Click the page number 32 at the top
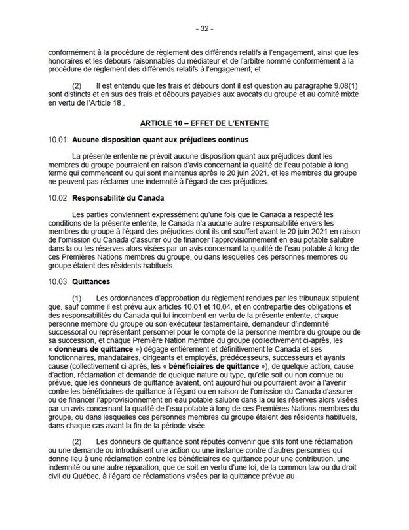[204, 29]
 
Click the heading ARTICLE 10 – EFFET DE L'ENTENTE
[204, 123]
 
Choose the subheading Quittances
[91, 281]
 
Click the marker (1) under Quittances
[77, 298]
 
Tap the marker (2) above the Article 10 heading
[77, 87]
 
